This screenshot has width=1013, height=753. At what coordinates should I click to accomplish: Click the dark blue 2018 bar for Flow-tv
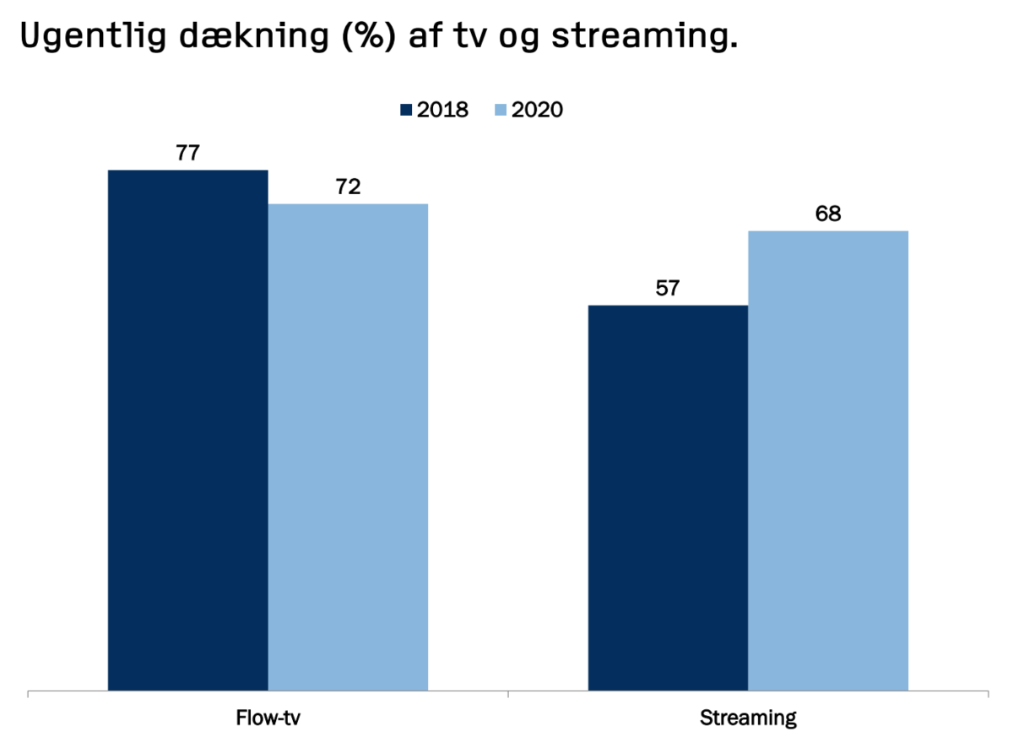coord(188,431)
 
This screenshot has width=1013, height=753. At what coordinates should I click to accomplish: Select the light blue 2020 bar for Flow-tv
coord(348,447)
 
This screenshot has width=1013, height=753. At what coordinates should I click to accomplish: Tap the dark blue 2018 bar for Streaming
coord(668,498)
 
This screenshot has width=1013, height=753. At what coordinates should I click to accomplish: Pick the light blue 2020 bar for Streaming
coord(828,461)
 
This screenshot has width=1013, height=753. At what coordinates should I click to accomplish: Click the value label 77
coord(188,154)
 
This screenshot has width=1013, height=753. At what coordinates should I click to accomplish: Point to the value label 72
coord(348,187)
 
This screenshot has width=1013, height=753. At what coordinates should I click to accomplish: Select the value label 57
coord(668,289)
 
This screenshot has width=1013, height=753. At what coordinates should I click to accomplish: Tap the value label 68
coord(828,214)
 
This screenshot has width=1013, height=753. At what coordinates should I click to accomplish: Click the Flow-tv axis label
coord(268,719)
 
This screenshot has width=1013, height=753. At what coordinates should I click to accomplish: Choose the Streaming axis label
coord(748,719)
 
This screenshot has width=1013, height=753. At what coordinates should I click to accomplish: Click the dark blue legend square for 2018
coord(405,111)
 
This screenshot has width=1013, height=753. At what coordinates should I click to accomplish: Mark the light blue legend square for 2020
coord(500,111)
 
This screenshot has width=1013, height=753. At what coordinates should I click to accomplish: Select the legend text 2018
coord(442,111)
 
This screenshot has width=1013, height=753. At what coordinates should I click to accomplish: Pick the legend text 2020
coord(537,111)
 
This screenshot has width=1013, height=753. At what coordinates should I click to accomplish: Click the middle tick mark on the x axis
coord(508,695)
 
